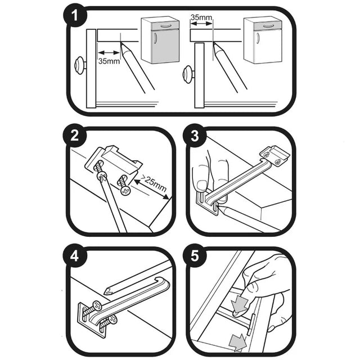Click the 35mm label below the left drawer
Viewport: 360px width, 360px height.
coord(109,61)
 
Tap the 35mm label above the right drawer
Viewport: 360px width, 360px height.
coord(201,17)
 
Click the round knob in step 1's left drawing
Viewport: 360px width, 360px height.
coord(80,64)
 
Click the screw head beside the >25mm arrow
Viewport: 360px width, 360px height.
coord(124,191)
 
